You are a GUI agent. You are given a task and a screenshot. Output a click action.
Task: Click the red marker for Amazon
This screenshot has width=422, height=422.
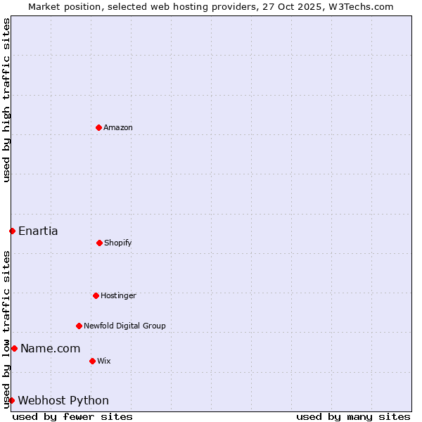[x=98, y=127]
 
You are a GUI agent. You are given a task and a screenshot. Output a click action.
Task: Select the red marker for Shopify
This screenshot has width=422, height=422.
[x=99, y=243]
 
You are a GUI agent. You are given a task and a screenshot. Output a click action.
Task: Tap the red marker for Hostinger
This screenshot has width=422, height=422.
[x=96, y=295]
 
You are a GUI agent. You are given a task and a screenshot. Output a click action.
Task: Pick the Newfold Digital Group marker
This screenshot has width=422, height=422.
[x=79, y=326]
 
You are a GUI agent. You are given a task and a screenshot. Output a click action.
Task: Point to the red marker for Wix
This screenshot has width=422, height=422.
[x=92, y=361]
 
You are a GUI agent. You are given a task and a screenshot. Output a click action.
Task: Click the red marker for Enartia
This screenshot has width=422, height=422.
[x=12, y=231]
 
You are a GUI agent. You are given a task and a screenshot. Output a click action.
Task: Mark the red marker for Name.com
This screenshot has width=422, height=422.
[x=14, y=348]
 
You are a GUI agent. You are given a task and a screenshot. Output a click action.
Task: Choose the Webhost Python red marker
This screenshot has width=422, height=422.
[x=12, y=400]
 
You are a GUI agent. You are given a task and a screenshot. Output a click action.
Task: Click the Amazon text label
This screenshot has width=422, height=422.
[x=118, y=127]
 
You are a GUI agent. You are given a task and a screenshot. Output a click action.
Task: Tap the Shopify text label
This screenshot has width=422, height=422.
[x=118, y=243]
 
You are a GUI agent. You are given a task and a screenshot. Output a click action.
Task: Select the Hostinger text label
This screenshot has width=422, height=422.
[x=118, y=295]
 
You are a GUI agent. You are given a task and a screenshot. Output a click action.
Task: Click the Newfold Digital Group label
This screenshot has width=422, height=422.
[x=124, y=326]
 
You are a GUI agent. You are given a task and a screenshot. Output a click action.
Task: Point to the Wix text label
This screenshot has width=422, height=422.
[x=104, y=361]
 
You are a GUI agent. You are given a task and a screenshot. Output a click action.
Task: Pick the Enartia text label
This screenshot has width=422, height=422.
[x=38, y=231]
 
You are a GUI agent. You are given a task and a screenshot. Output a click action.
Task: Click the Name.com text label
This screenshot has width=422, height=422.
[x=50, y=348]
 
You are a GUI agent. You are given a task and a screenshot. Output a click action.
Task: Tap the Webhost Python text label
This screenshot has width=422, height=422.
[x=63, y=400]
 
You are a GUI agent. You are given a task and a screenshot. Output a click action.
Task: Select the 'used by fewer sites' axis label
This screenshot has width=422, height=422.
[x=72, y=416]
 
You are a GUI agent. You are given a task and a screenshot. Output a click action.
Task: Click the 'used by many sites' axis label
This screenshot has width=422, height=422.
[x=353, y=416]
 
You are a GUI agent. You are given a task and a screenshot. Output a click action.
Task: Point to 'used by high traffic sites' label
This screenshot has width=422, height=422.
[x=6, y=100]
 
